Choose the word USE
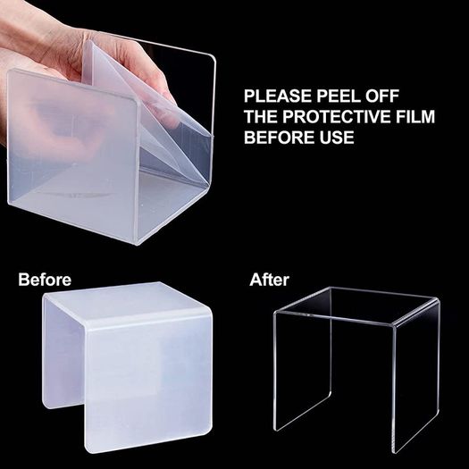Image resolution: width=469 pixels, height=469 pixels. pos(335,137)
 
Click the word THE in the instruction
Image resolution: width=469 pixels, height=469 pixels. pos(261,116)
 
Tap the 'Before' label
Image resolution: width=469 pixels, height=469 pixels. pos(45,280)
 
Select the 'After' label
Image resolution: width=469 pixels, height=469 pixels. pos(270,280)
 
